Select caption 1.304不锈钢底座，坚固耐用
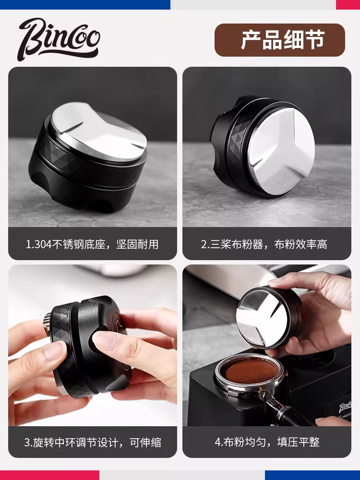(92, 244)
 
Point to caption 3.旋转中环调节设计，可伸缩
(92, 442)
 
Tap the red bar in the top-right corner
(348, 4)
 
